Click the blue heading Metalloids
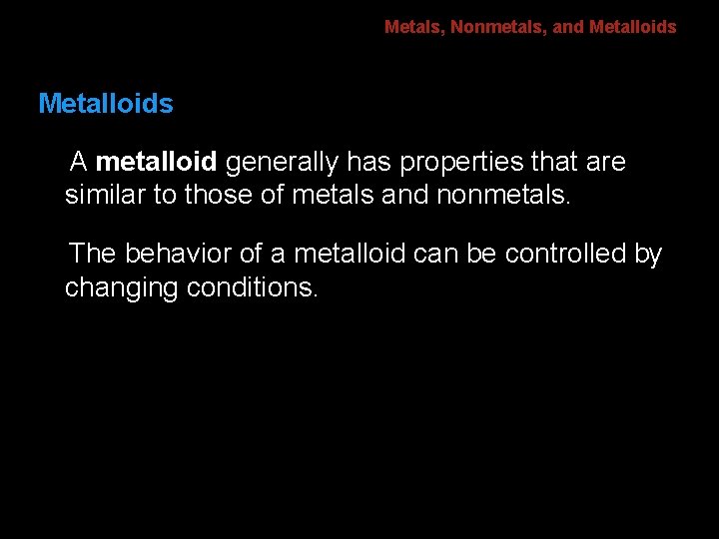tap(105, 104)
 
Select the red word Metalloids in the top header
tap(632, 27)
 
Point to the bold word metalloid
tap(157, 162)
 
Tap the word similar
tap(105, 194)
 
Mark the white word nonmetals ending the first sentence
tap(504, 194)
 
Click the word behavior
tap(181, 255)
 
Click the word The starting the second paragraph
tap(93, 255)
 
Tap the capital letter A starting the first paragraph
tap(78, 162)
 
